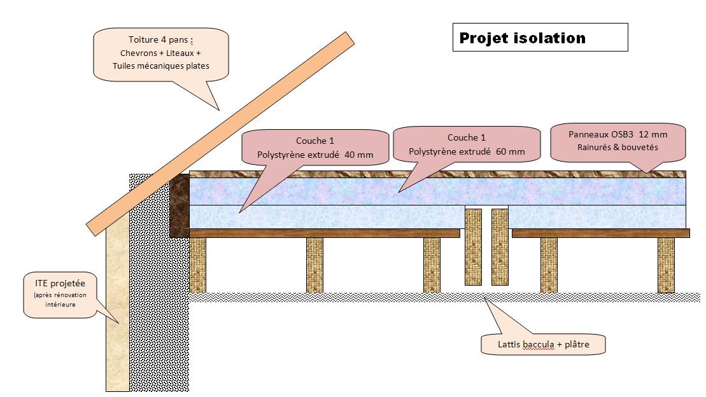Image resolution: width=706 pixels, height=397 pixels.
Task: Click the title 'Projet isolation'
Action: click(x=523, y=38)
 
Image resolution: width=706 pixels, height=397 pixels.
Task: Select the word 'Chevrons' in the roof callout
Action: click(x=138, y=53)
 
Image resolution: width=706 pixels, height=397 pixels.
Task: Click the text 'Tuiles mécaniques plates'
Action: click(x=160, y=66)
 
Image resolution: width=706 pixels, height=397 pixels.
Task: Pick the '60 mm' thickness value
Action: click(x=512, y=151)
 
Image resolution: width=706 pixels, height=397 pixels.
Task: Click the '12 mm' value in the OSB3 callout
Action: click(x=654, y=134)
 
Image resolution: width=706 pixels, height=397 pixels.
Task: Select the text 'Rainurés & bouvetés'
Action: click(x=617, y=147)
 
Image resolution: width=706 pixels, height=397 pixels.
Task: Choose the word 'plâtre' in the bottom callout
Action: click(x=575, y=345)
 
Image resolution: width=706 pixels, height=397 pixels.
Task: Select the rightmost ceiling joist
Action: click(x=666, y=265)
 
